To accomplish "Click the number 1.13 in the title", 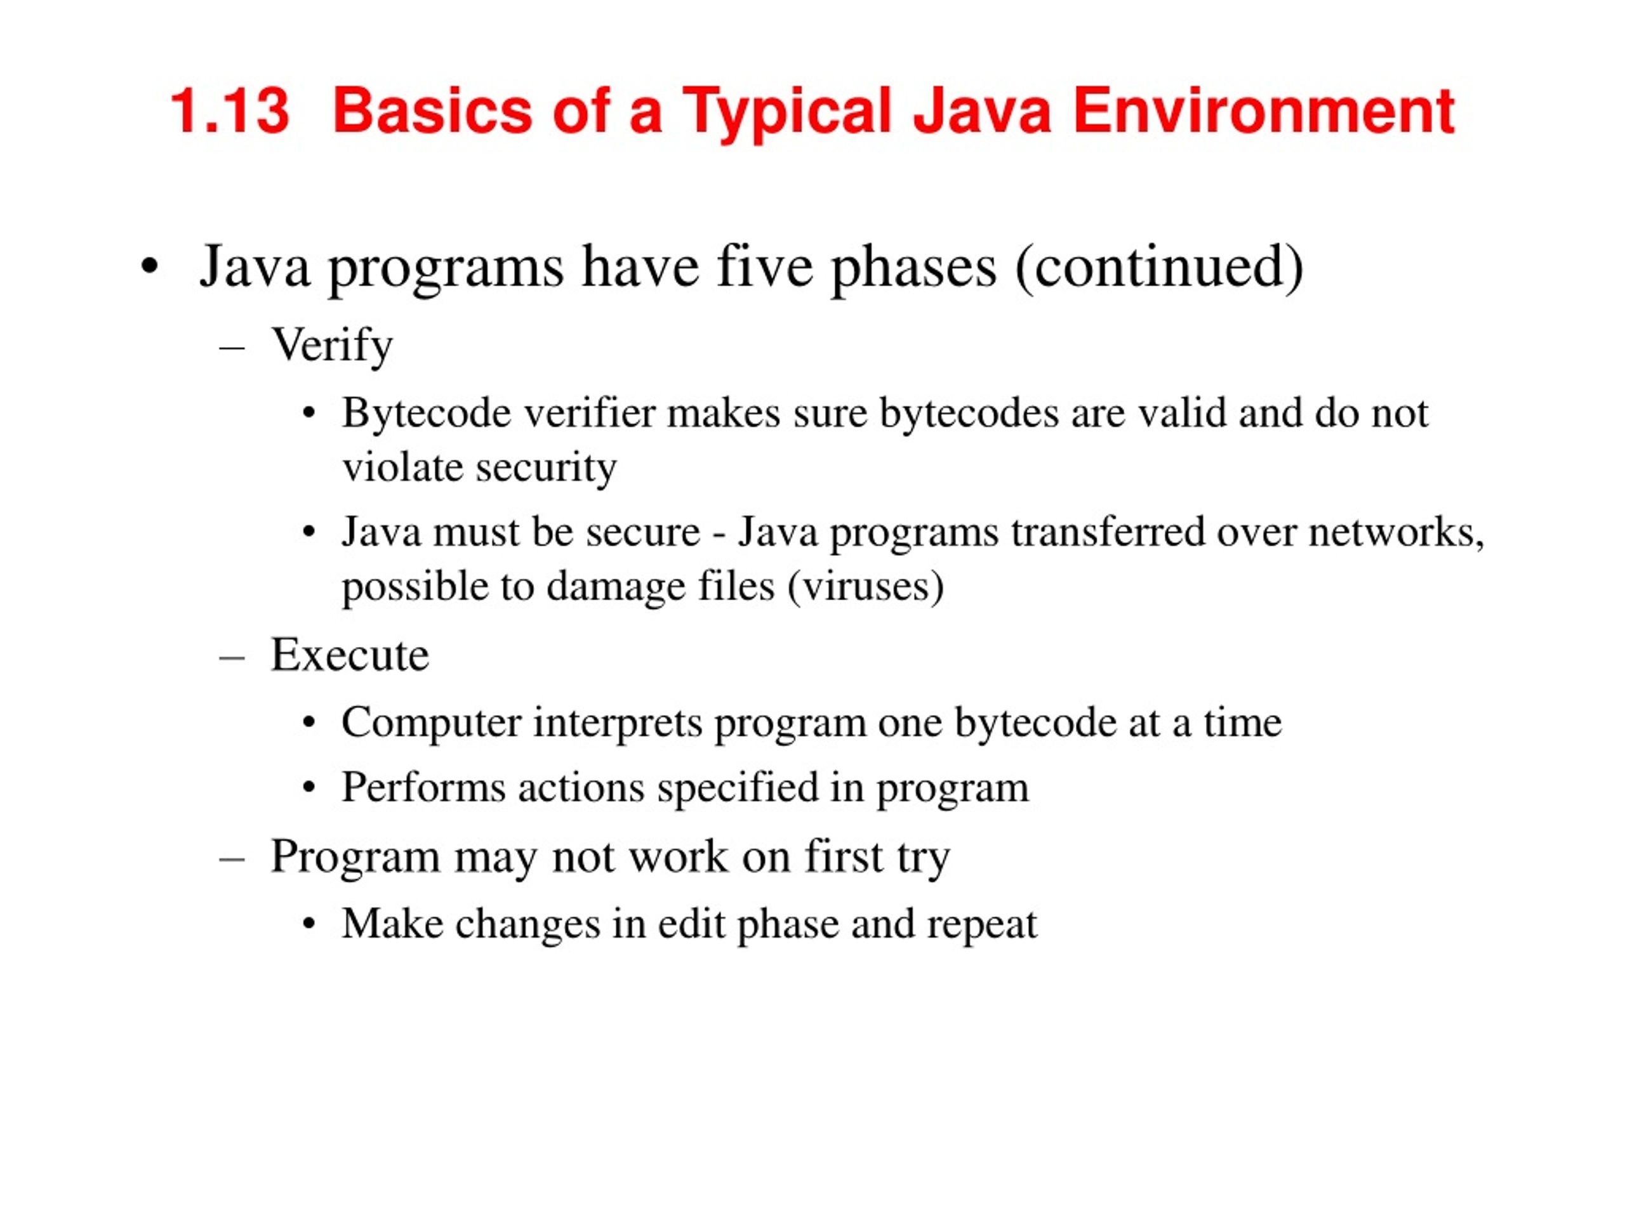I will click(230, 112).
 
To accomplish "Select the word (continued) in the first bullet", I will click(1159, 267).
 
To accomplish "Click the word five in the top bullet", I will click(764, 266).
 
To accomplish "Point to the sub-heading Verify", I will click(332, 346).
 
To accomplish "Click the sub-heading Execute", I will click(350, 655).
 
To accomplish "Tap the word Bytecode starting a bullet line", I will click(426, 414).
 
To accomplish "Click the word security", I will click(545, 468).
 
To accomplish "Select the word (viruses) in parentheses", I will click(865, 587).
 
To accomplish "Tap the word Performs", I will click(423, 788).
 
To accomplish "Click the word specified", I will click(738, 788).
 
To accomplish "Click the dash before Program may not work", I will click(232, 858).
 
